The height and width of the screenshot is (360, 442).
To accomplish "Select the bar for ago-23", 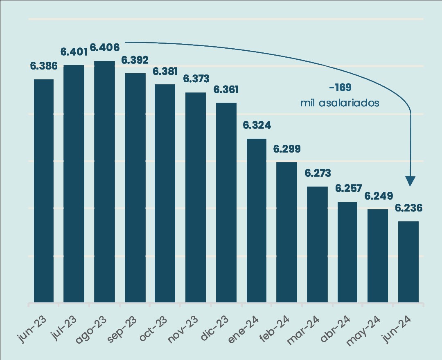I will (x=104, y=182).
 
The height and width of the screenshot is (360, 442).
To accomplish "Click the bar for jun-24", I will (x=408, y=262).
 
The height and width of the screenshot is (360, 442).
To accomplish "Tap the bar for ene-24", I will (x=257, y=221).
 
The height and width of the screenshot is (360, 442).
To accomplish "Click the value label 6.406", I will (x=104, y=47).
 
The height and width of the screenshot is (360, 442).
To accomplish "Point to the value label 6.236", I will (x=408, y=208).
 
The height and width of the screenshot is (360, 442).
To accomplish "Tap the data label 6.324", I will (x=257, y=125).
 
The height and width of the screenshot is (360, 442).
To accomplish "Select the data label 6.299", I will (x=287, y=149).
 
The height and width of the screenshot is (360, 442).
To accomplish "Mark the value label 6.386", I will (x=44, y=65).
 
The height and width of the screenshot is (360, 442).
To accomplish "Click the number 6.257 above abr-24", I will (x=348, y=188).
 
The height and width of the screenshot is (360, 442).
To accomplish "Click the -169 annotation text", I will (x=340, y=88).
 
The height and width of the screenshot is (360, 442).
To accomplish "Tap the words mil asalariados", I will (x=340, y=103).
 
